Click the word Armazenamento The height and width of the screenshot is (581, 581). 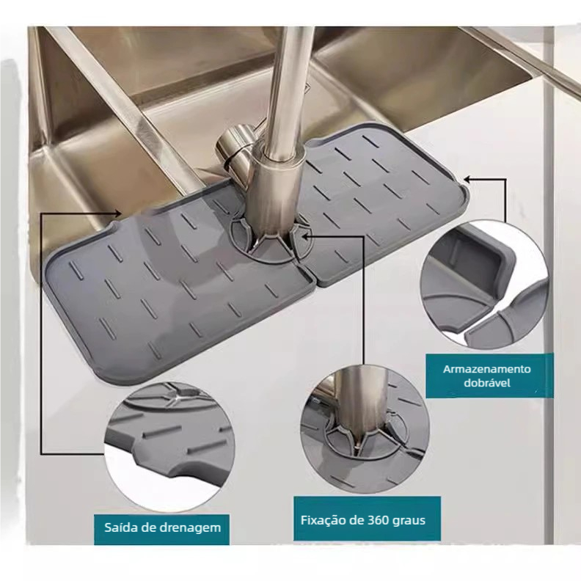(487, 369)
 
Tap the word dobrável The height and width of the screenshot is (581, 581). (487, 382)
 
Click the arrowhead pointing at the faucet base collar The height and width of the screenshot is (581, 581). (305, 235)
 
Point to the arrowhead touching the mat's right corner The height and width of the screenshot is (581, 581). (467, 180)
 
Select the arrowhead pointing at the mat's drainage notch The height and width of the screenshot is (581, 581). (118, 213)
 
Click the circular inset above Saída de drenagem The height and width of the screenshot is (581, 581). (169, 443)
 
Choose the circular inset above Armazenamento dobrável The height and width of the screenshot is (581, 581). (485, 285)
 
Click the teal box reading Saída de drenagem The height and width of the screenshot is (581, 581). (161, 529)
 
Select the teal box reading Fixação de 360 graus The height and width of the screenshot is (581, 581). (368, 519)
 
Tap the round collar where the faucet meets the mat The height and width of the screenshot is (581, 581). (271, 240)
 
